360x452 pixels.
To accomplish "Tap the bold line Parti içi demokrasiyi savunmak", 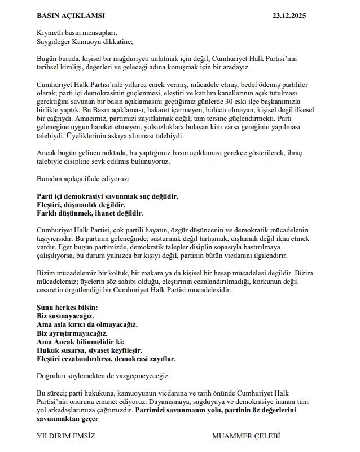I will (107, 196).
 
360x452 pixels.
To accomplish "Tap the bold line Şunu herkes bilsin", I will (67, 308).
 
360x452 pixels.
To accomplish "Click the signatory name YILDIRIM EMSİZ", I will (65, 436).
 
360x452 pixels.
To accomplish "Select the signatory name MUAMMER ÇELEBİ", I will (246, 436).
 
